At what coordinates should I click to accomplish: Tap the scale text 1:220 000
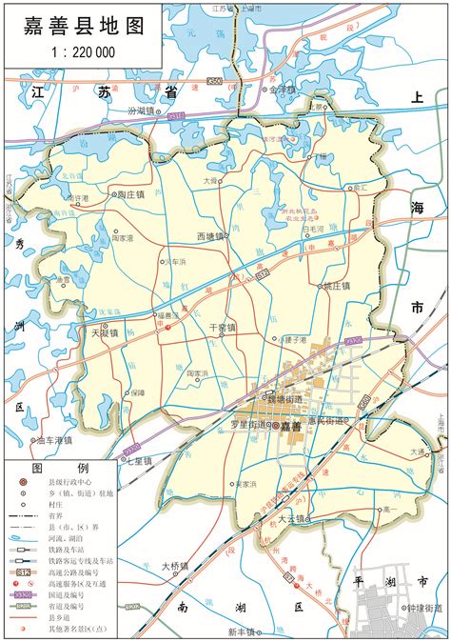tap(82, 52)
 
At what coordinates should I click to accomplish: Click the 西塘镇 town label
tap(209, 236)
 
